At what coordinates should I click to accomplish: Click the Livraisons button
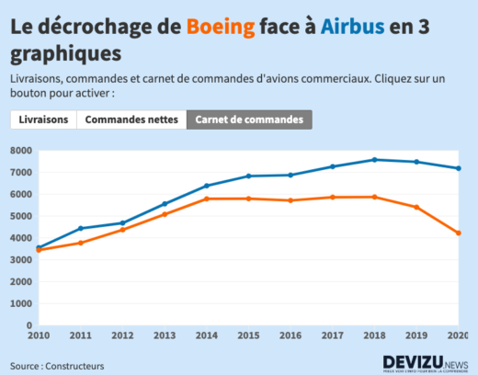(43, 120)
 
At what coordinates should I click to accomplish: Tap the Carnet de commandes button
(249, 120)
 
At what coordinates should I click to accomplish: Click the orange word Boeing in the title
(221, 26)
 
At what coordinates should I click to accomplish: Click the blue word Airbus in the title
(352, 26)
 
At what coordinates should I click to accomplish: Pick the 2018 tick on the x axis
(374, 336)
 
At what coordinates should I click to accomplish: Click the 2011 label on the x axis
(80, 336)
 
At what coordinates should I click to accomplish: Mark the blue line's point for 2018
(374, 160)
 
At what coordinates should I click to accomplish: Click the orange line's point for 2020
(458, 233)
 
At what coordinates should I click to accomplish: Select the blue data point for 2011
(80, 228)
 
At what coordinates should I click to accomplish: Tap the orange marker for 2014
(206, 199)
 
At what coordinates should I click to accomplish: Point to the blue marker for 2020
(458, 168)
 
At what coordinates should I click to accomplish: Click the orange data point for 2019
(416, 207)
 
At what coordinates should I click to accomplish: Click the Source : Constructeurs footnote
(57, 366)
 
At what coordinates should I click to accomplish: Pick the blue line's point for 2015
(248, 176)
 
